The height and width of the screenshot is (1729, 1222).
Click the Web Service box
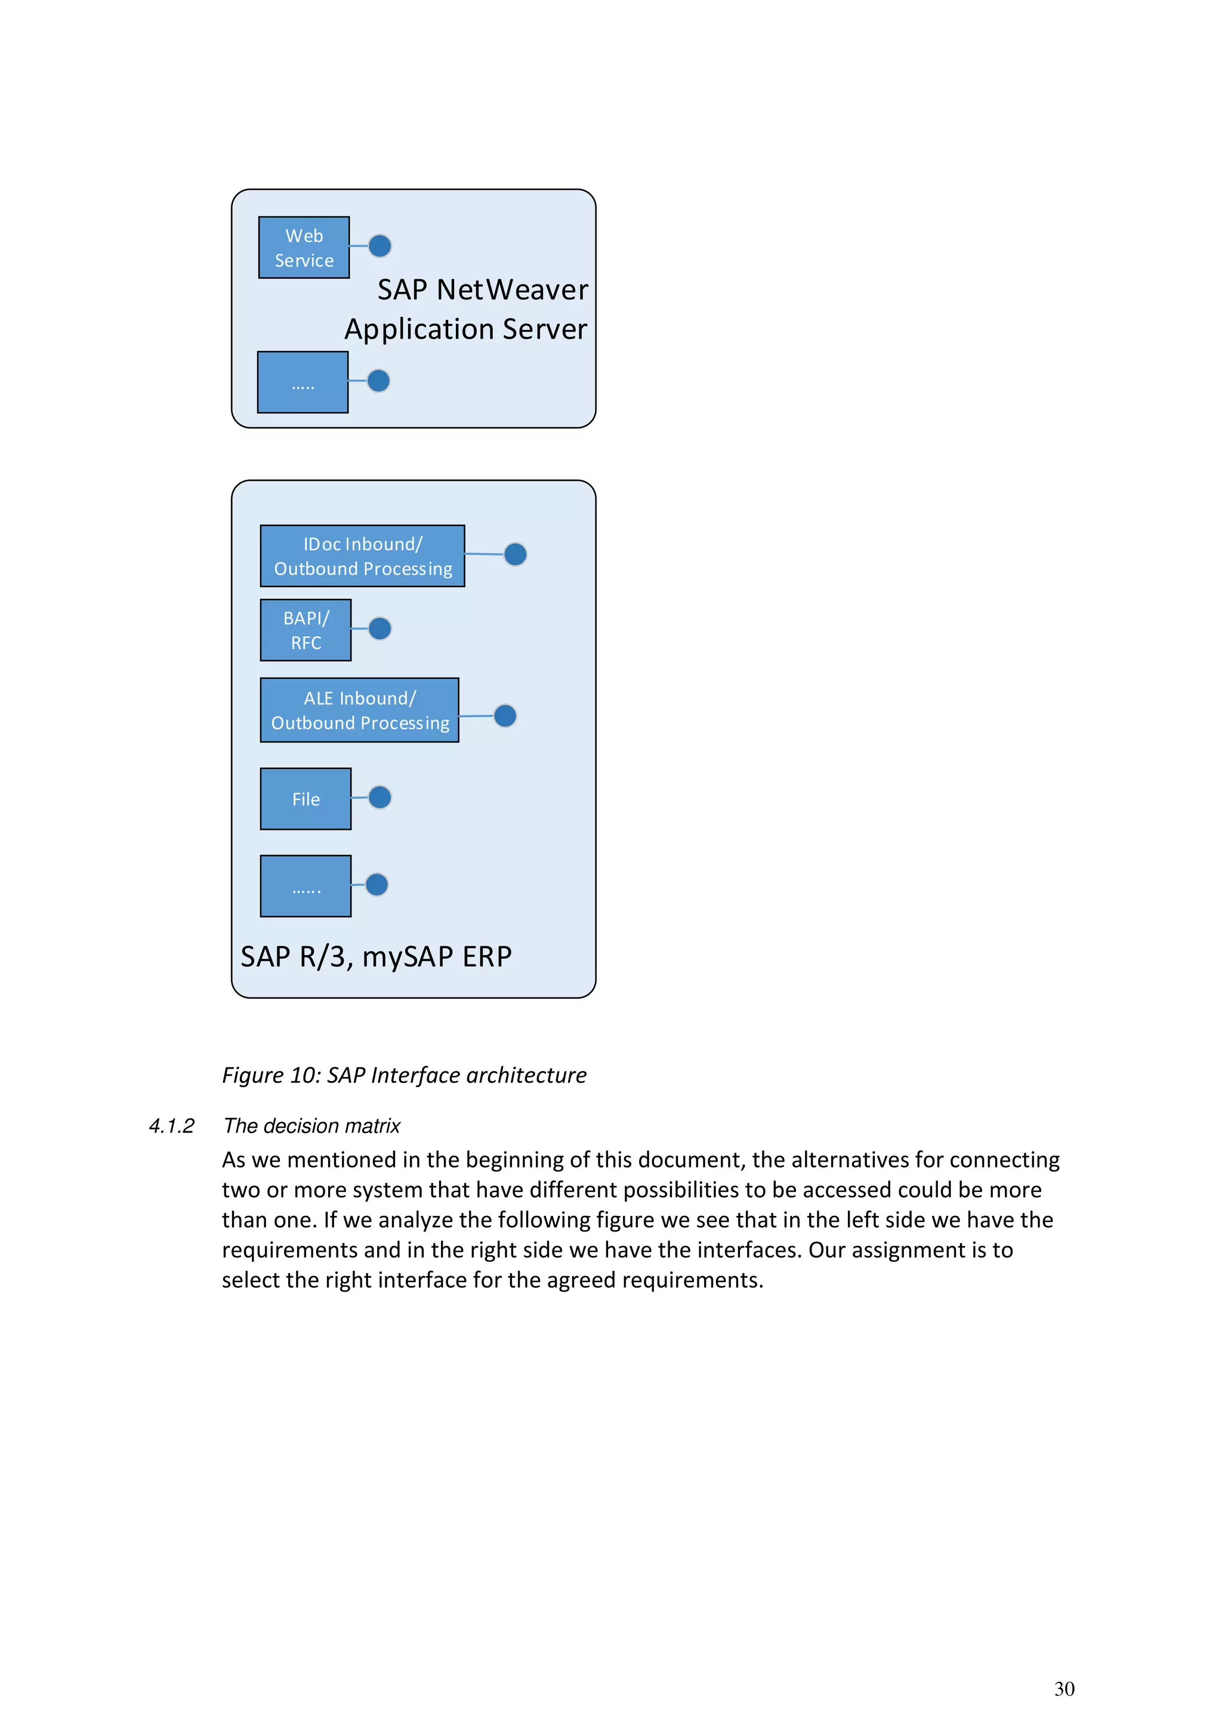pyautogui.click(x=304, y=248)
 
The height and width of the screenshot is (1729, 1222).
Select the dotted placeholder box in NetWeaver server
pyautogui.click(x=303, y=382)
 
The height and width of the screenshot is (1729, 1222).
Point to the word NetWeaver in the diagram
pyautogui.click(x=512, y=290)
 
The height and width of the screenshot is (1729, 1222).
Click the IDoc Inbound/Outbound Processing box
pyautogui.click(x=362, y=556)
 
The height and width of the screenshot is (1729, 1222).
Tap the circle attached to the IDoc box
pyautogui.click(x=515, y=554)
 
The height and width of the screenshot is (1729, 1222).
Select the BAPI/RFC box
pyautogui.click(x=305, y=630)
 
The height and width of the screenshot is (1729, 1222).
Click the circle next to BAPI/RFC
pyautogui.click(x=379, y=628)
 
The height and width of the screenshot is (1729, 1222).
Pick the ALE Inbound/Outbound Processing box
pyautogui.click(x=359, y=710)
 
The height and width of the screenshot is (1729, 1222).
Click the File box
pyautogui.click(x=305, y=799)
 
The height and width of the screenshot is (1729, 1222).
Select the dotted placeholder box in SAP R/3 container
pyautogui.click(x=305, y=887)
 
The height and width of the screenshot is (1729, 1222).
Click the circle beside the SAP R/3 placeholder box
pyautogui.click(x=377, y=884)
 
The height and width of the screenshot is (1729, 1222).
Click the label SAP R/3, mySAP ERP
pyautogui.click(x=376, y=956)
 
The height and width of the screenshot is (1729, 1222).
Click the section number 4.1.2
pyautogui.click(x=172, y=1126)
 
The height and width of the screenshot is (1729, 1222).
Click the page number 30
pyautogui.click(x=1064, y=1688)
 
